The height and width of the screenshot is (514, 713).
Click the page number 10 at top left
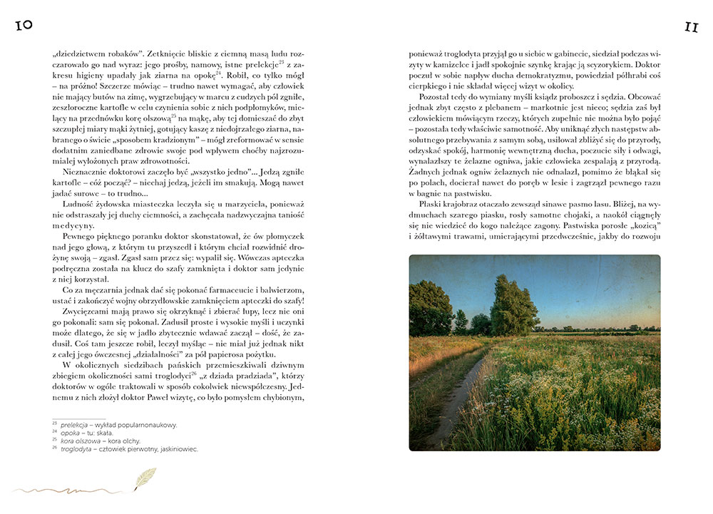(22, 26)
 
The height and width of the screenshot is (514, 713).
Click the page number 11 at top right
(690, 26)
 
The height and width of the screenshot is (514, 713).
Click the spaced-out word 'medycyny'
(76, 224)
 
